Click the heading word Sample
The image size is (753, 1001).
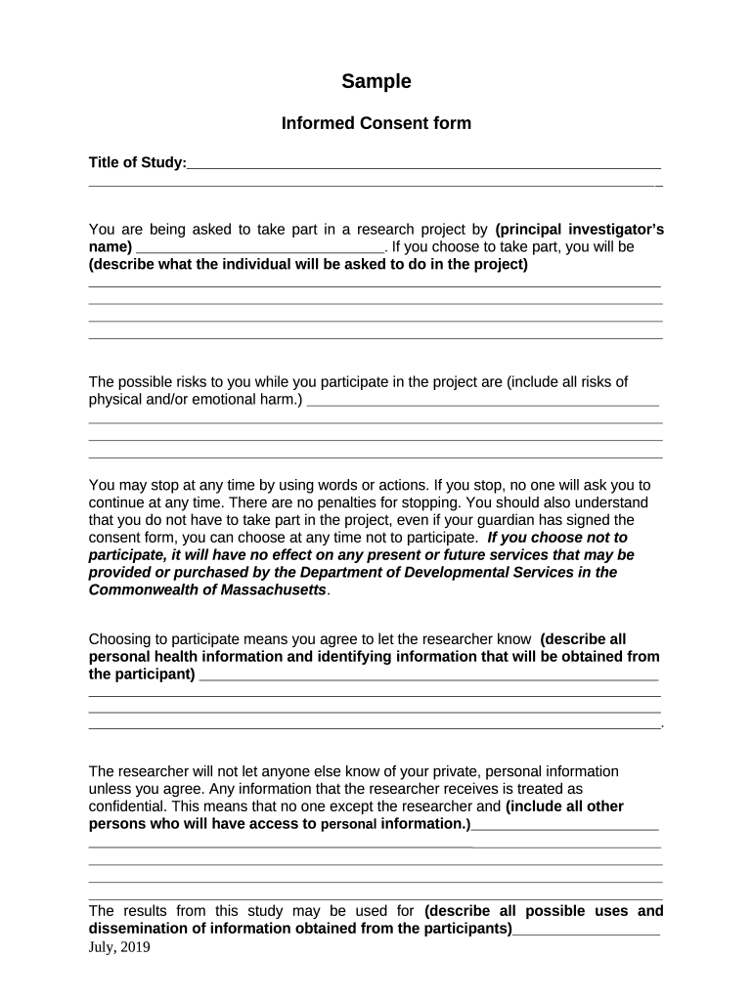[376, 82]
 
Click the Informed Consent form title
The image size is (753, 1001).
[376, 123]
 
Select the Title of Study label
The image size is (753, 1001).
[136, 162]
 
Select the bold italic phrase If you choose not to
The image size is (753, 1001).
[556, 538]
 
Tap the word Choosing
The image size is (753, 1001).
[120, 639]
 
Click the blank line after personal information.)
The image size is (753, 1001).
[564, 827]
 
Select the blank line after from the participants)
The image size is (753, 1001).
[586, 932]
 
